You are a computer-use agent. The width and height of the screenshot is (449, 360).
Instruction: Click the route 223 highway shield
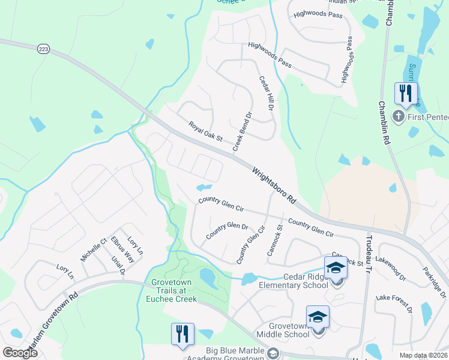[x=42, y=48]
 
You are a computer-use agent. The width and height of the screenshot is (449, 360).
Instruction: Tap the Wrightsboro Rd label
[x=275, y=185]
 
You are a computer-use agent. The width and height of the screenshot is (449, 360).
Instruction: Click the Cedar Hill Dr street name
[x=266, y=93]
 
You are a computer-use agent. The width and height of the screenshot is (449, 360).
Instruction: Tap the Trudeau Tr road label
[x=369, y=255]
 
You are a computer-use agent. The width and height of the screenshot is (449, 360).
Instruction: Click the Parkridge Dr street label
[x=433, y=282]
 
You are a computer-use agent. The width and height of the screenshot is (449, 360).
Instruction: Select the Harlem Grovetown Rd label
[x=49, y=322]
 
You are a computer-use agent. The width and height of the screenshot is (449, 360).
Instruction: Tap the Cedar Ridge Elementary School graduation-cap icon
[x=336, y=268]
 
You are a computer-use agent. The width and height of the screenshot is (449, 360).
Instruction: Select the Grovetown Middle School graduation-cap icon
[x=318, y=317]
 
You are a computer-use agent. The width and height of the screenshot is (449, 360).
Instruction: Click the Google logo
[x=20, y=353]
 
